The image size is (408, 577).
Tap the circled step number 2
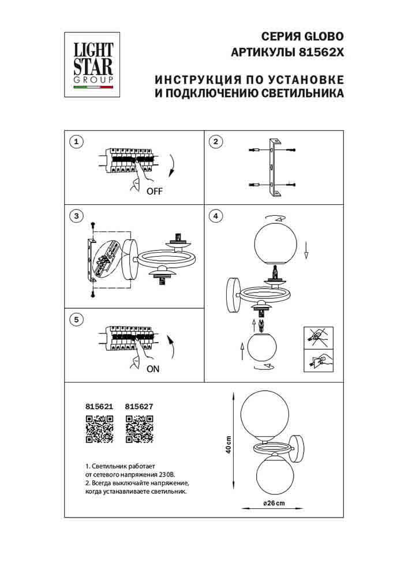(215, 141)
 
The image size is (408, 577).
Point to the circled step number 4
(215, 217)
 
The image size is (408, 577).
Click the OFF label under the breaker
(155, 192)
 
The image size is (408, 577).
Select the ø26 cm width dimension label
(274, 503)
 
